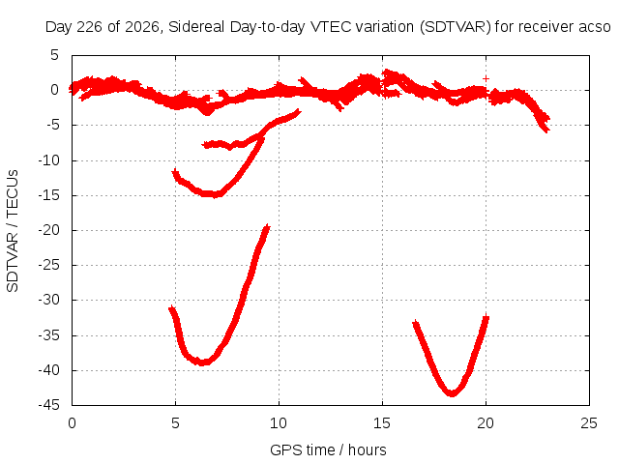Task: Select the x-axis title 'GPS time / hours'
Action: click(x=328, y=450)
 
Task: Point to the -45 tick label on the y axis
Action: click(x=48, y=405)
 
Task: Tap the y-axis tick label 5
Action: click(x=54, y=55)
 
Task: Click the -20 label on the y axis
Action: click(x=48, y=230)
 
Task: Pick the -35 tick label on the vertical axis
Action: click(x=48, y=335)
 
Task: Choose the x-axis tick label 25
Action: click(x=589, y=423)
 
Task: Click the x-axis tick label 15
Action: click(x=382, y=423)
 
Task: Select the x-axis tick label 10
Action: click(x=279, y=423)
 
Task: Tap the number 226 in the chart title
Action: click(x=90, y=27)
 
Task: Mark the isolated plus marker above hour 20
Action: click(x=486, y=78)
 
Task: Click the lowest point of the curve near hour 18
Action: click(x=452, y=394)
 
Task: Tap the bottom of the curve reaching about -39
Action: click(x=202, y=362)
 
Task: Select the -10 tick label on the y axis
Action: click(x=48, y=160)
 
